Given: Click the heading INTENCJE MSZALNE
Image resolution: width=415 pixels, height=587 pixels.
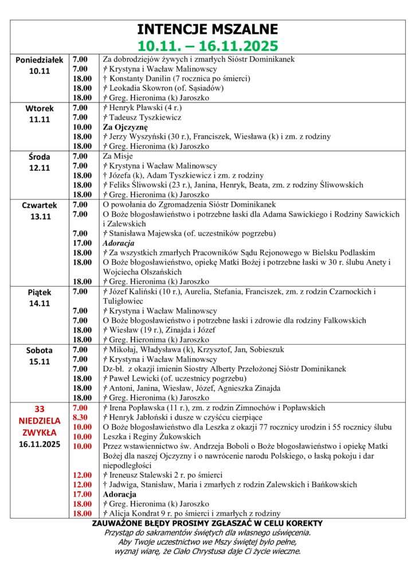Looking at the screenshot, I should click(x=207, y=30).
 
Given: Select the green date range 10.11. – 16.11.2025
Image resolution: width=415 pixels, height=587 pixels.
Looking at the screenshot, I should click(x=207, y=45).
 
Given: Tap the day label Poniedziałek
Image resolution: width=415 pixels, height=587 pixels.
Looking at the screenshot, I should click(x=40, y=60).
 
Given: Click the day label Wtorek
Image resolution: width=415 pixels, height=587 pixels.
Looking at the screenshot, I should click(x=40, y=108).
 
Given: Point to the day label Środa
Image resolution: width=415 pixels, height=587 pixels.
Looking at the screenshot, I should click(x=40, y=156).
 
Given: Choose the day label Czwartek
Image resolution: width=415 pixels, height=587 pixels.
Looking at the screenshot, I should click(x=40, y=205).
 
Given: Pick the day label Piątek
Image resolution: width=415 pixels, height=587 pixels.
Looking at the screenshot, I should click(x=40, y=292).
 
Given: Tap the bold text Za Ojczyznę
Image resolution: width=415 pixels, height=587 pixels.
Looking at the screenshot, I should click(x=126, y=127).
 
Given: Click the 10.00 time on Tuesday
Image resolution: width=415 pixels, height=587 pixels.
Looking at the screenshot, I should click(x=82, y=127).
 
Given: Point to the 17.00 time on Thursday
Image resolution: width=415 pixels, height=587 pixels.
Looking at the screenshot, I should click(x=82, y=243).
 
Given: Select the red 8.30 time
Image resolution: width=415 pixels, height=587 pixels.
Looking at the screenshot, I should click(x=80, y=417).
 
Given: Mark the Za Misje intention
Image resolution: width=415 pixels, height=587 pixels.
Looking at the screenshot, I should click(x=118, y=156).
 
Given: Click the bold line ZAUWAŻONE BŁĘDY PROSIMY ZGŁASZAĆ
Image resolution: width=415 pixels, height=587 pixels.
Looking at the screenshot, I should click(x=207, y=523).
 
